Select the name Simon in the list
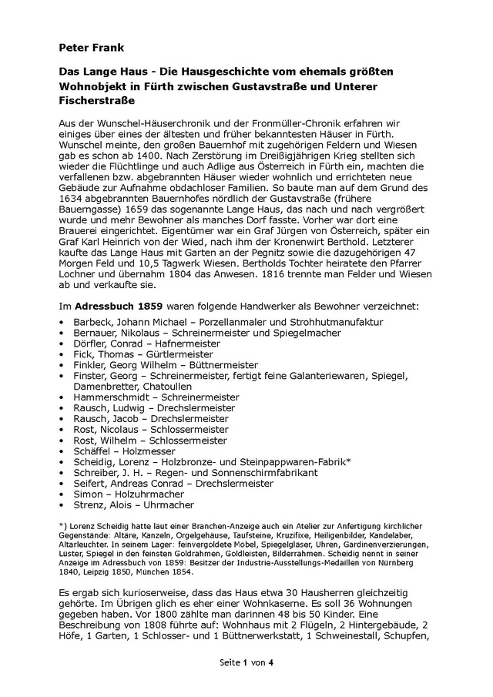coord(89,494)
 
